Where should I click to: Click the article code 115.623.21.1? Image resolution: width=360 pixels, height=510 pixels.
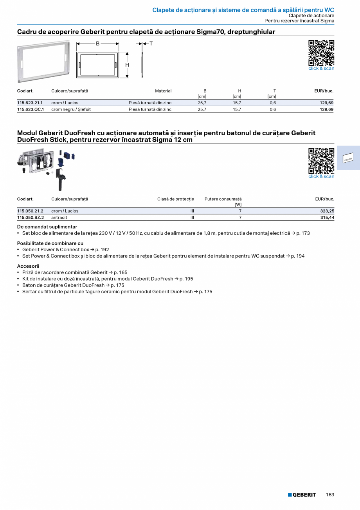point(30,103)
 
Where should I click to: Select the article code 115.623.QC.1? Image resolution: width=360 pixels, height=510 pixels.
point(31,109)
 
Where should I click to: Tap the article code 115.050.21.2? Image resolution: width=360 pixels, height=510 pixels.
point(30,211)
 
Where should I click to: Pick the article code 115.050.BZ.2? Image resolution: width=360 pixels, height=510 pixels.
point(31,217)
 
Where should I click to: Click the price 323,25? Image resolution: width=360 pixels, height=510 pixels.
point(327,211)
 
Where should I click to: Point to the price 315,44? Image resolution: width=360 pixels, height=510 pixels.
point(327,217)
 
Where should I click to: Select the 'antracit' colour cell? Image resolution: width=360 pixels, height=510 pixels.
point(59,217)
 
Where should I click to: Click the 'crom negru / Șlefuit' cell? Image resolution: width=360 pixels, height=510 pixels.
point(71,109)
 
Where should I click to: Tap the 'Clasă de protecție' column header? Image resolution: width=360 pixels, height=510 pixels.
point(175,199)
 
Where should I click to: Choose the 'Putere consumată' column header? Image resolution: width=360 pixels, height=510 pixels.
point(223,199)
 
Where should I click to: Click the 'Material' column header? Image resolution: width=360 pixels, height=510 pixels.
point(163,91)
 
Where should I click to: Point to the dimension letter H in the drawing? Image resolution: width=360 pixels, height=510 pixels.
point(127,65)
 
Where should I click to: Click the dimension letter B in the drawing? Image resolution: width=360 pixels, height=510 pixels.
point(98,44)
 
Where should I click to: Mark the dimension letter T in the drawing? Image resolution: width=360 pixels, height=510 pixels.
point(151,44)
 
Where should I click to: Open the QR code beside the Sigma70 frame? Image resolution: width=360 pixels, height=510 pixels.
point(321,53)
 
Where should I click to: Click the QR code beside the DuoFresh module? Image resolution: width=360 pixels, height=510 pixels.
point(321,161)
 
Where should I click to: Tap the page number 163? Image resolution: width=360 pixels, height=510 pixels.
point(330,495)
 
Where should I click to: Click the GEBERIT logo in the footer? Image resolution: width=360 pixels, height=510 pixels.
point(302,495)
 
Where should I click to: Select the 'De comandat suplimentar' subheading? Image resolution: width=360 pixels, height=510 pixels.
point(47,227)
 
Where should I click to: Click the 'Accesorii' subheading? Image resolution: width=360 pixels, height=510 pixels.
point(28,266)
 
